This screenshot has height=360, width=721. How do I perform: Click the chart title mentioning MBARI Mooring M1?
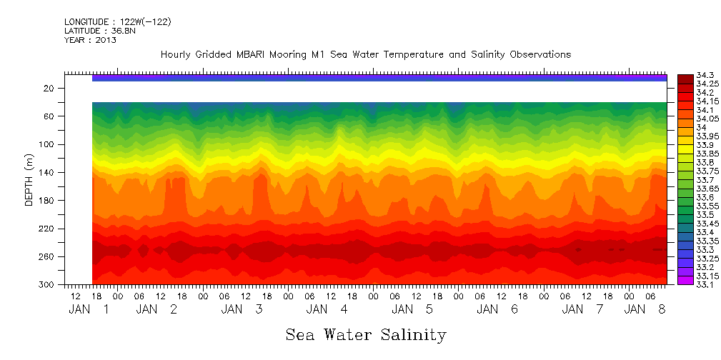[x=365, y=55]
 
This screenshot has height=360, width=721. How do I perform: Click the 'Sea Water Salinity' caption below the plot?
[x=366, y=335]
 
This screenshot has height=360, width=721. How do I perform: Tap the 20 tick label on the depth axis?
[x=50, y=89]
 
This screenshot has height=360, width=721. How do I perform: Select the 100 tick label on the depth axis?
[x=48, y=144]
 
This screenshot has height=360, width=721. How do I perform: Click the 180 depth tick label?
[x=48, y=201]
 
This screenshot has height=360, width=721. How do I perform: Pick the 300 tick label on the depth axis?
[x=48, y=285]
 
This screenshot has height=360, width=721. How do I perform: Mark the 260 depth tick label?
[x=48, y=257]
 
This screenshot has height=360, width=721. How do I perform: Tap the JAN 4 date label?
[x=327, y=309]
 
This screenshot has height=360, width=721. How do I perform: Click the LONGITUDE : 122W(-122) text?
[x=117, y=22]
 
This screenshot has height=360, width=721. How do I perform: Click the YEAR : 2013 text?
[x=90, y=40]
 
